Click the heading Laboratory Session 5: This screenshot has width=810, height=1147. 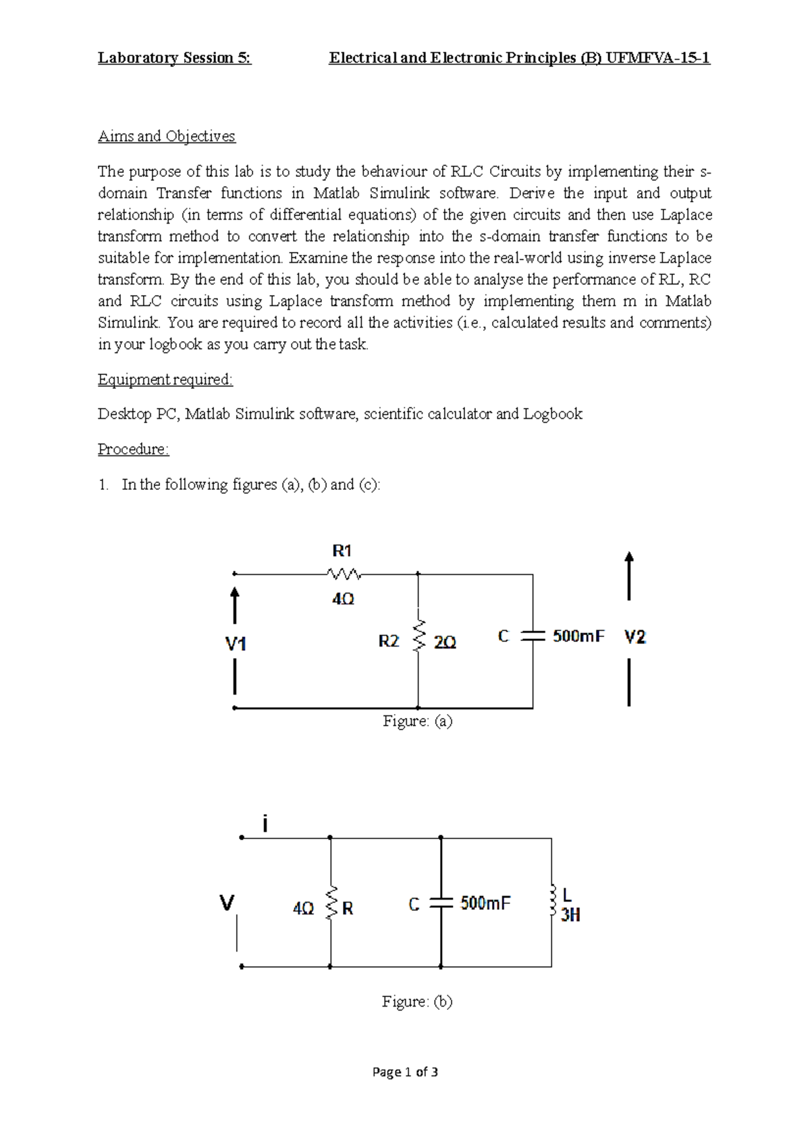(x=174, y=58)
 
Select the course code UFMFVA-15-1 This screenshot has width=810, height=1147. (x=658, y=58)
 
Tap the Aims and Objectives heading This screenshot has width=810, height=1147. (x=166, y=136)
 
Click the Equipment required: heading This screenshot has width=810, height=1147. (x=165, y=380)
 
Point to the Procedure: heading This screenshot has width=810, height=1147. (x=133, y=449)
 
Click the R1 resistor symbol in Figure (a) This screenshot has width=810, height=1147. (x=344, y=574)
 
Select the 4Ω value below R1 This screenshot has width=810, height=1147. (x=343, y=599)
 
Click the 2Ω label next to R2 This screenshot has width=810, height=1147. (x=445, y=642)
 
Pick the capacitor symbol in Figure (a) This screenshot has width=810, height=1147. (x=533, y=636)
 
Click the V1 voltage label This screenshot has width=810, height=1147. (x=236, y=644)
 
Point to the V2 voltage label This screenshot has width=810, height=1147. (x=634, y=637)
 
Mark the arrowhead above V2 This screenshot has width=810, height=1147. (x=629, y=558)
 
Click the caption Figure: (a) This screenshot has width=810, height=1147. (x=417, y=721)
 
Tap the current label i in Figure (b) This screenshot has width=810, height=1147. (x=265, y=823)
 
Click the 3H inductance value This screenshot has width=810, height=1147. (x=570, y=915)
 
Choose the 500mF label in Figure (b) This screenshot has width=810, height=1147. (x=485, y=903)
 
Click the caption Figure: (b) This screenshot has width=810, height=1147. (x=416, y=1002)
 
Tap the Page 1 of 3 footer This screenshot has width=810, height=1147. (x=405, y=1072)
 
